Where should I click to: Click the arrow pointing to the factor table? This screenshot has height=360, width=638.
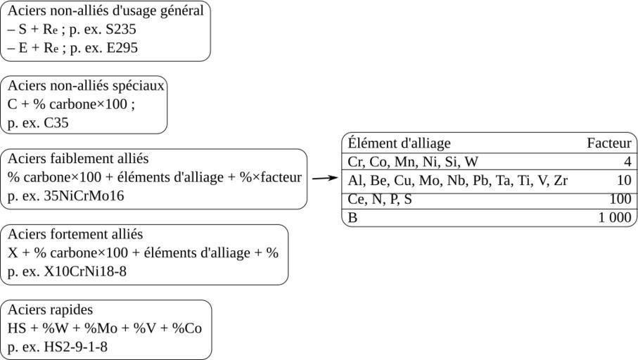(x=324, y=178)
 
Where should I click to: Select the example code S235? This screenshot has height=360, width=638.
(x=118, y=30)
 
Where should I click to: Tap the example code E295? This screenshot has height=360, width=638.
(x=120, y=48)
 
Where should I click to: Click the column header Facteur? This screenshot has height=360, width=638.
(x=608, y=143)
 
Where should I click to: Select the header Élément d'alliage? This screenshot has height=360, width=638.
(x=399, y=143)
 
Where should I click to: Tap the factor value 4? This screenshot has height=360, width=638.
(x=627, y=162)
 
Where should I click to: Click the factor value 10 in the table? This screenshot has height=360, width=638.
(x=624, y=181)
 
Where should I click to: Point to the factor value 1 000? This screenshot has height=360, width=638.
(x=615, y=218)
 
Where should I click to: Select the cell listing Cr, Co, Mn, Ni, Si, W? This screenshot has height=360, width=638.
(x=413, y=162)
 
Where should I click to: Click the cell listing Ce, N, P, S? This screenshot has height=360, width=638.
(x=380, y=200)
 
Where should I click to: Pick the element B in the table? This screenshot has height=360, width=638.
(x=352, y=218)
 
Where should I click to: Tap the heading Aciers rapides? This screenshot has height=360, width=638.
(x=50, y=309)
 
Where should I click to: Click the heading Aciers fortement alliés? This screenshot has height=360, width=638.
(x=75, y=234)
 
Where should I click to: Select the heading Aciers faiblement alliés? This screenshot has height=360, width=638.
(x=78, y=159)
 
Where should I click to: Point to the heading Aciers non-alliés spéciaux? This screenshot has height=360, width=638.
(x=86, y=86)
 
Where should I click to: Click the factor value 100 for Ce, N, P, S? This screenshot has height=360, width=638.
(x=620, y=200)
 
